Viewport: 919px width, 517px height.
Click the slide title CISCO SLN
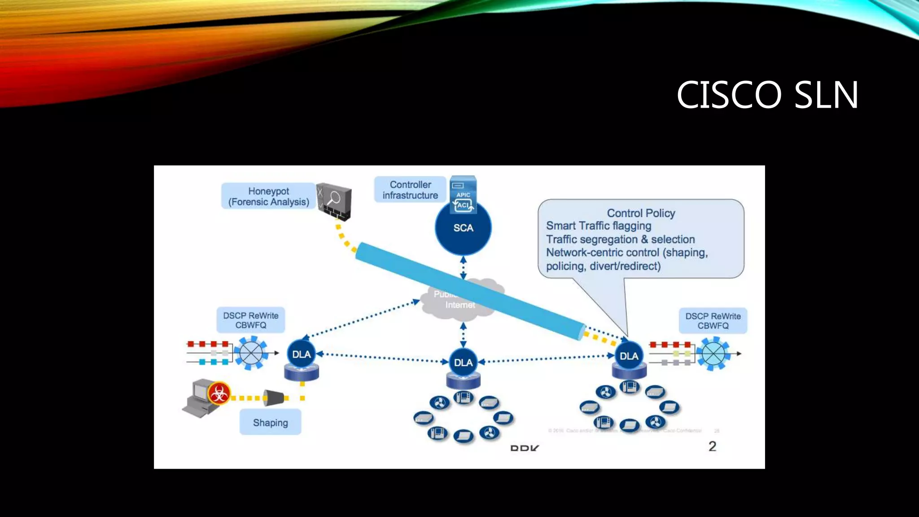[767, 95]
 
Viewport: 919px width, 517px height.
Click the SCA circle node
[463, 228]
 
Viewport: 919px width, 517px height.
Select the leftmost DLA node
[301, 355]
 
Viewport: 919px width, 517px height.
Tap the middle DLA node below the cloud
[463, 362]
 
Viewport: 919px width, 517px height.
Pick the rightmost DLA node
[629, 356]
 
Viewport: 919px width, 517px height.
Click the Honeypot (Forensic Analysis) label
[268, 196]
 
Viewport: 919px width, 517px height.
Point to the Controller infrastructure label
[410, 190]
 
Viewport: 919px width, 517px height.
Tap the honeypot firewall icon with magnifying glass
[334, 201]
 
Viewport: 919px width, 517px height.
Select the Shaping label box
[270, 422]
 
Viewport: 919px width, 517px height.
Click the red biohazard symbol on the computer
[219, 394]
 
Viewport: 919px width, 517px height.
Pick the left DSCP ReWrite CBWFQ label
[250, 320]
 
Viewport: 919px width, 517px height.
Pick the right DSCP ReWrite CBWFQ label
[713, 321]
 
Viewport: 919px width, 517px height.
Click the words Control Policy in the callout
[641, 213]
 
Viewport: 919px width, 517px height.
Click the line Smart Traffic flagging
[598, 226]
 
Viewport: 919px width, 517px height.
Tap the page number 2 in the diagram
[712, 446]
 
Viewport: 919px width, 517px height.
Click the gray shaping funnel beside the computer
[273, 398]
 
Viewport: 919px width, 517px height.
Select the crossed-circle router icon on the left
[251, 353]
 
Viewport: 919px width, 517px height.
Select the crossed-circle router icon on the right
[713, 354]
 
